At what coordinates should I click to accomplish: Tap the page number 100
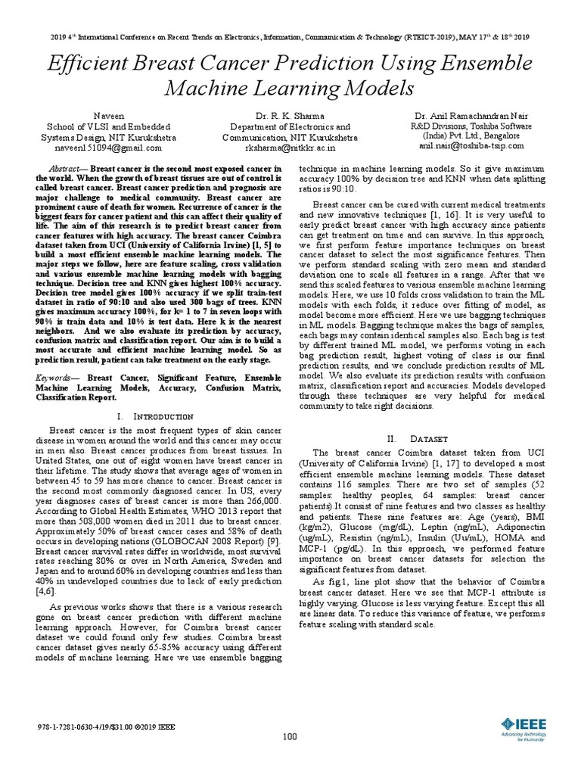[290, 736]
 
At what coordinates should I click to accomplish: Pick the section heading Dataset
[430, 438]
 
